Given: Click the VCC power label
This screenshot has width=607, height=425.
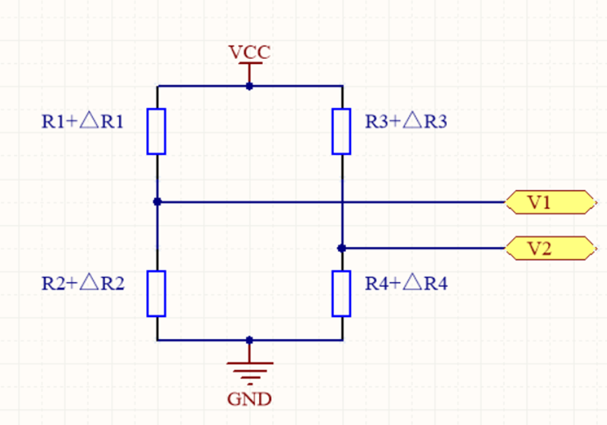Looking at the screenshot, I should [x=249, y=53].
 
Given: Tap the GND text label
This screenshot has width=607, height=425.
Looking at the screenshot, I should [x=249, y=400].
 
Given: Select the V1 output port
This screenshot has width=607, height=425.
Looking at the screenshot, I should [x=547, y=202].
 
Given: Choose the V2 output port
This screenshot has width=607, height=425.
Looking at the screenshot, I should [x=547, y=248].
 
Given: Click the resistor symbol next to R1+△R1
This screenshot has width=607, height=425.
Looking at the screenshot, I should [x=156, y=131].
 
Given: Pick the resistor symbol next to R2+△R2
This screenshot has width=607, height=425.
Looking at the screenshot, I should [x=156, y=293].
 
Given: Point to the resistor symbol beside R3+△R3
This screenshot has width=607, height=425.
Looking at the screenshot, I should [x=342, y=131].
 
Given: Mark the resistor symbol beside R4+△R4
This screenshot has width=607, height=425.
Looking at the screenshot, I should [x=342, y=293].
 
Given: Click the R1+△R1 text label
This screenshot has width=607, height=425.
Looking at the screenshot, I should [x=83, y=122].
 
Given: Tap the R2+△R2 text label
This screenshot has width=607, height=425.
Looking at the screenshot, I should [x=83, y=283].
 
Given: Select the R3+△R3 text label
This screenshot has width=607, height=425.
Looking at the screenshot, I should [x=406, y=122].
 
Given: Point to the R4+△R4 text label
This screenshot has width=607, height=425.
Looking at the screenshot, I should [x=406, y=283].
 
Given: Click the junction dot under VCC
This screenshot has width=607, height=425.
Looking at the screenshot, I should [x=249, y=86].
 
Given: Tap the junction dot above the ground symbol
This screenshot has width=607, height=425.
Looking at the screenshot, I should [x=249, y=340].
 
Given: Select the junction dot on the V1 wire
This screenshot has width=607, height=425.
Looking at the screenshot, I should [x=157, y=202].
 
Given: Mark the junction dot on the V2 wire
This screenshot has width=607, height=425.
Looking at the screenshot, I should [x=342, y=248].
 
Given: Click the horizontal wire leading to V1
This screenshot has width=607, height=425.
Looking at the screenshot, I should [x=421, y=202].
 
